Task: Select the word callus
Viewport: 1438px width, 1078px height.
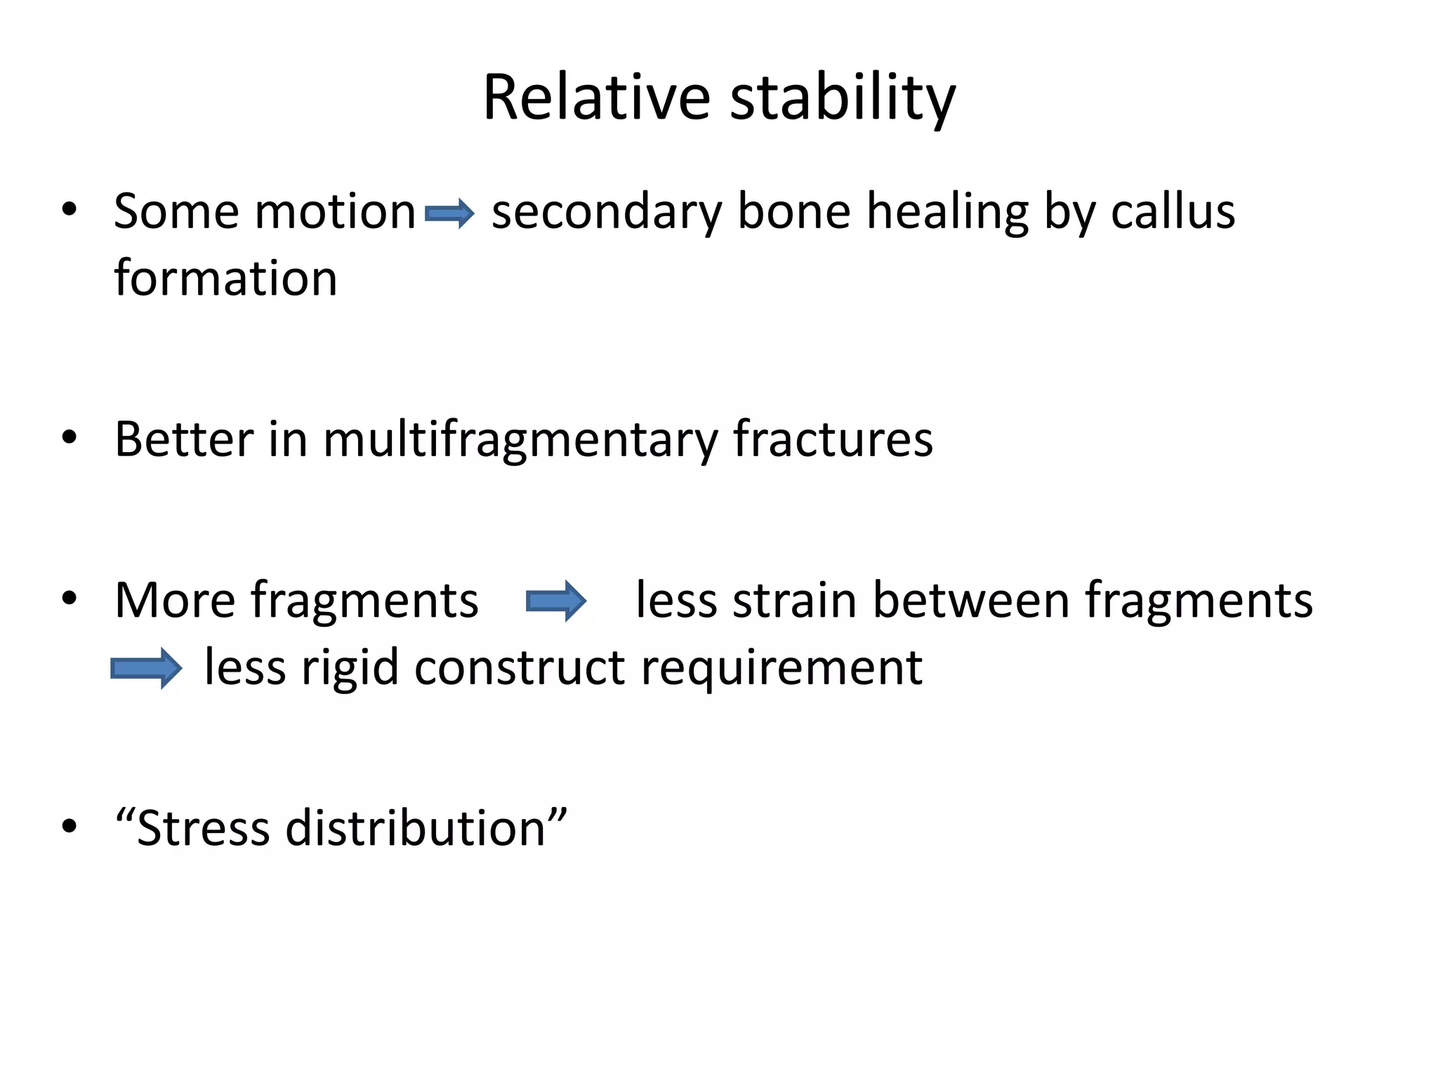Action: pos(1173,211)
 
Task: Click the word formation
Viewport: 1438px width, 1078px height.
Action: pos(225,278)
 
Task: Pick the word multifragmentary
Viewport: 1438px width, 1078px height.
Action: pos(520,440)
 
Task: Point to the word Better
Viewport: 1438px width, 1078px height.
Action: pos(184,439)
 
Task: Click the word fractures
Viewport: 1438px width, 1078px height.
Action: pos(833,439)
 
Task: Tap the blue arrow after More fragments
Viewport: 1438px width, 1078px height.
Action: pos(556,601)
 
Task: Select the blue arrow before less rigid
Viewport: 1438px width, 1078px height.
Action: pos(146,668)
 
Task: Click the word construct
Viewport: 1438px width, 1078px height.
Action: pos(520,667)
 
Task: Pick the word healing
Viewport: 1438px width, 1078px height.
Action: pos(947,211)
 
